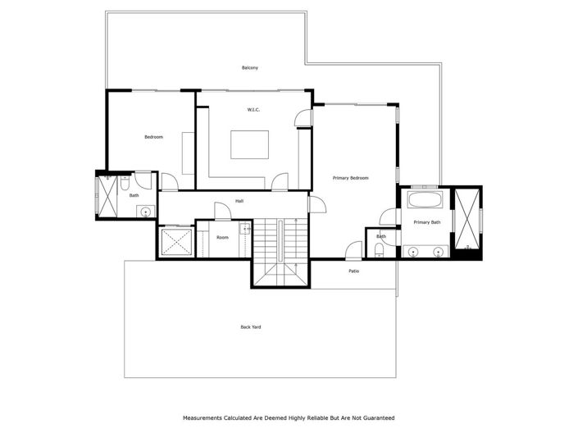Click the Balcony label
click(250, 67)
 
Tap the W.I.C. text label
click(253, 109)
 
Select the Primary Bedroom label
click(350, 178)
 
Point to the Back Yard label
click(251, 326)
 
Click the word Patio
click(354, 271)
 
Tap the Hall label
click(239, 201)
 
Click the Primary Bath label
click(427, 222)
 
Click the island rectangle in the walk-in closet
click(252, 144)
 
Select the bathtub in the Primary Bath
click(426, 199)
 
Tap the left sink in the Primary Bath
click(412, 250)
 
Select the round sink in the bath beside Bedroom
click(145, 212)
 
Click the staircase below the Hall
click(280, 251)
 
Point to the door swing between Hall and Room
click(221, 211)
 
